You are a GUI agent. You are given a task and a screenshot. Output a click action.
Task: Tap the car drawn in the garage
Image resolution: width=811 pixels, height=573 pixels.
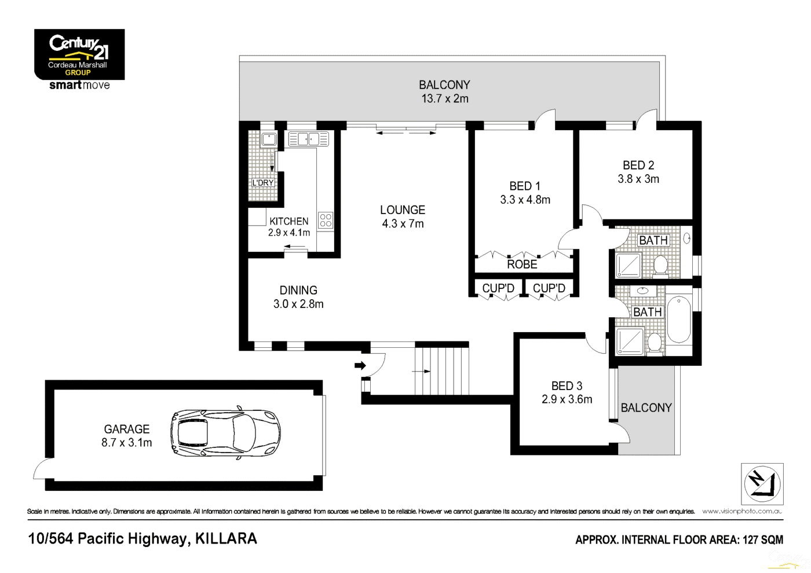tap(225, 434)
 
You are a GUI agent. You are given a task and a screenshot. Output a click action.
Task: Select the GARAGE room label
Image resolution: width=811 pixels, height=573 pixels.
tap(127, 429)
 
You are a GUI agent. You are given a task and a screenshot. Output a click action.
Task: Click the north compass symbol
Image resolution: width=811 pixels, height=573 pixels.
tap(762, 484)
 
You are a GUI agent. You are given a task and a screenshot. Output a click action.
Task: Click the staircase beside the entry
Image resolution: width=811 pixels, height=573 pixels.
tap(441, 371)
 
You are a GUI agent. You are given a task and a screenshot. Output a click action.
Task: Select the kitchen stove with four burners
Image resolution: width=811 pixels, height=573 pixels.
tap(326, 220)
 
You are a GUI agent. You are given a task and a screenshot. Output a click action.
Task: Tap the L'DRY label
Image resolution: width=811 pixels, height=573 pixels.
tap(262, 183)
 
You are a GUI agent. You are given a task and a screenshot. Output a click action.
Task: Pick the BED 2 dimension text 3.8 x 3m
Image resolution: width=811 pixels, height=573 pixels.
tap(638, 179)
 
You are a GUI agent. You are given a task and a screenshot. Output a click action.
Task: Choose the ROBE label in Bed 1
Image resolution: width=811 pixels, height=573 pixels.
tap(522, 265)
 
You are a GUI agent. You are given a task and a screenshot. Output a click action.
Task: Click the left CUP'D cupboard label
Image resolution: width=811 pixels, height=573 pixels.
tap(498, 288)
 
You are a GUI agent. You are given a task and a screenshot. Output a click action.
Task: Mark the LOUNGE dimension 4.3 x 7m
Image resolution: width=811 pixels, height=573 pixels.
tap(403, 224)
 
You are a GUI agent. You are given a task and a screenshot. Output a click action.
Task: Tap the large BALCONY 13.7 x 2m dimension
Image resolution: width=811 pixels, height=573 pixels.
tap(444, 99)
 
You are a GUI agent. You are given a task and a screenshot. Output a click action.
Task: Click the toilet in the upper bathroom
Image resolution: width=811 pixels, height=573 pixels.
tap(660, 266)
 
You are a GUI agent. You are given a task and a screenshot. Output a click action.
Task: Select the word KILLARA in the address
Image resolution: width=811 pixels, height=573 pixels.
tap(226, 539)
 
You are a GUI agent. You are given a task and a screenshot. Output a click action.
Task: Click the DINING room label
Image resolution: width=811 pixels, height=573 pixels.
tap(298, 291)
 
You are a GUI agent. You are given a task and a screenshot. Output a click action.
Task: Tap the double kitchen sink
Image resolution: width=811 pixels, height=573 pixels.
tap(308, 139)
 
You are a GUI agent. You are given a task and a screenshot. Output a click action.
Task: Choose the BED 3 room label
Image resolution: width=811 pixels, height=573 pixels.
tap(567, 386)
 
